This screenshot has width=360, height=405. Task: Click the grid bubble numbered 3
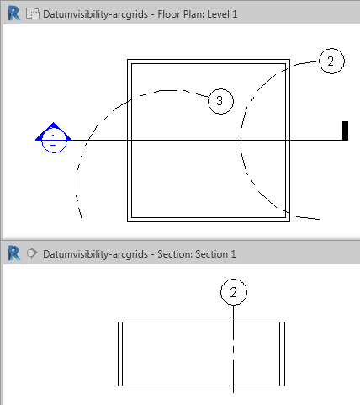(x=220, y=101)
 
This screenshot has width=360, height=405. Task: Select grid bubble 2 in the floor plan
(x=331, y=61)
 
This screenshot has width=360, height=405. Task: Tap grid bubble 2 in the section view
(x=234, y=292)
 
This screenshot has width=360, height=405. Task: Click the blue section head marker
(x=53, y=137)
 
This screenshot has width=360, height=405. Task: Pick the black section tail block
(x=345, y=131)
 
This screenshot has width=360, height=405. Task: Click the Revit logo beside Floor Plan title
(x=14, y=13)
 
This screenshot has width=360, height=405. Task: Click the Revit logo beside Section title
(x=14, y=253)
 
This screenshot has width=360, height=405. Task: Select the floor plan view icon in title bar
(x=33, y=13)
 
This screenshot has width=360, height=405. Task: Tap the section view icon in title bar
(x=32, y=253)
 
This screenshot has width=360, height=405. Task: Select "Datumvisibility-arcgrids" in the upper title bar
(x=95, y=14)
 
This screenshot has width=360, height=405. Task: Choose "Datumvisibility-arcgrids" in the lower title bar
(x=95, y=254)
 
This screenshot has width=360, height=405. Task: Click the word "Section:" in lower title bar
(x=175, y=254)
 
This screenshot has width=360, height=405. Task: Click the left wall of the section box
(x=120, y=354)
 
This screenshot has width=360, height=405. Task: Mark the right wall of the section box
(x=282, y=354)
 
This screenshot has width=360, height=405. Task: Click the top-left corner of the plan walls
(x=127, y=59)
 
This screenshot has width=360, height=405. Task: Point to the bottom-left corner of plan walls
(x=127, y=221)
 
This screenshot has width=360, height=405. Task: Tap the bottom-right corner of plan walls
(x=290, y=221)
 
